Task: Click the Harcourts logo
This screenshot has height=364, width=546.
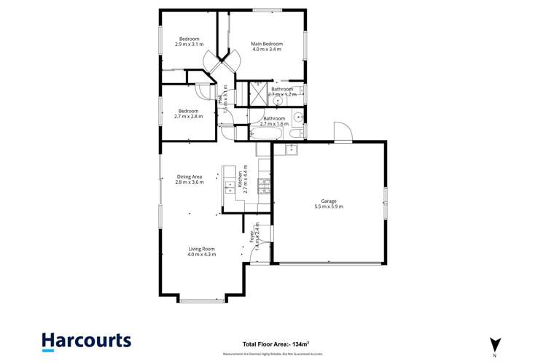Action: point(86,340)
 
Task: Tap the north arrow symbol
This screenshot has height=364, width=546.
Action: point(495,344)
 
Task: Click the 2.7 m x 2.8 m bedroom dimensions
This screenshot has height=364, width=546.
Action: point(188,116)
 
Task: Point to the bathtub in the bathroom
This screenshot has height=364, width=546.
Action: point(265,133)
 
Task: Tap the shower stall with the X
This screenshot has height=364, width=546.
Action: point(260,94)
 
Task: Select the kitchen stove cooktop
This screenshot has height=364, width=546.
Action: point(264,182)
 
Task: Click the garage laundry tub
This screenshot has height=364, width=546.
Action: point(292,150)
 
